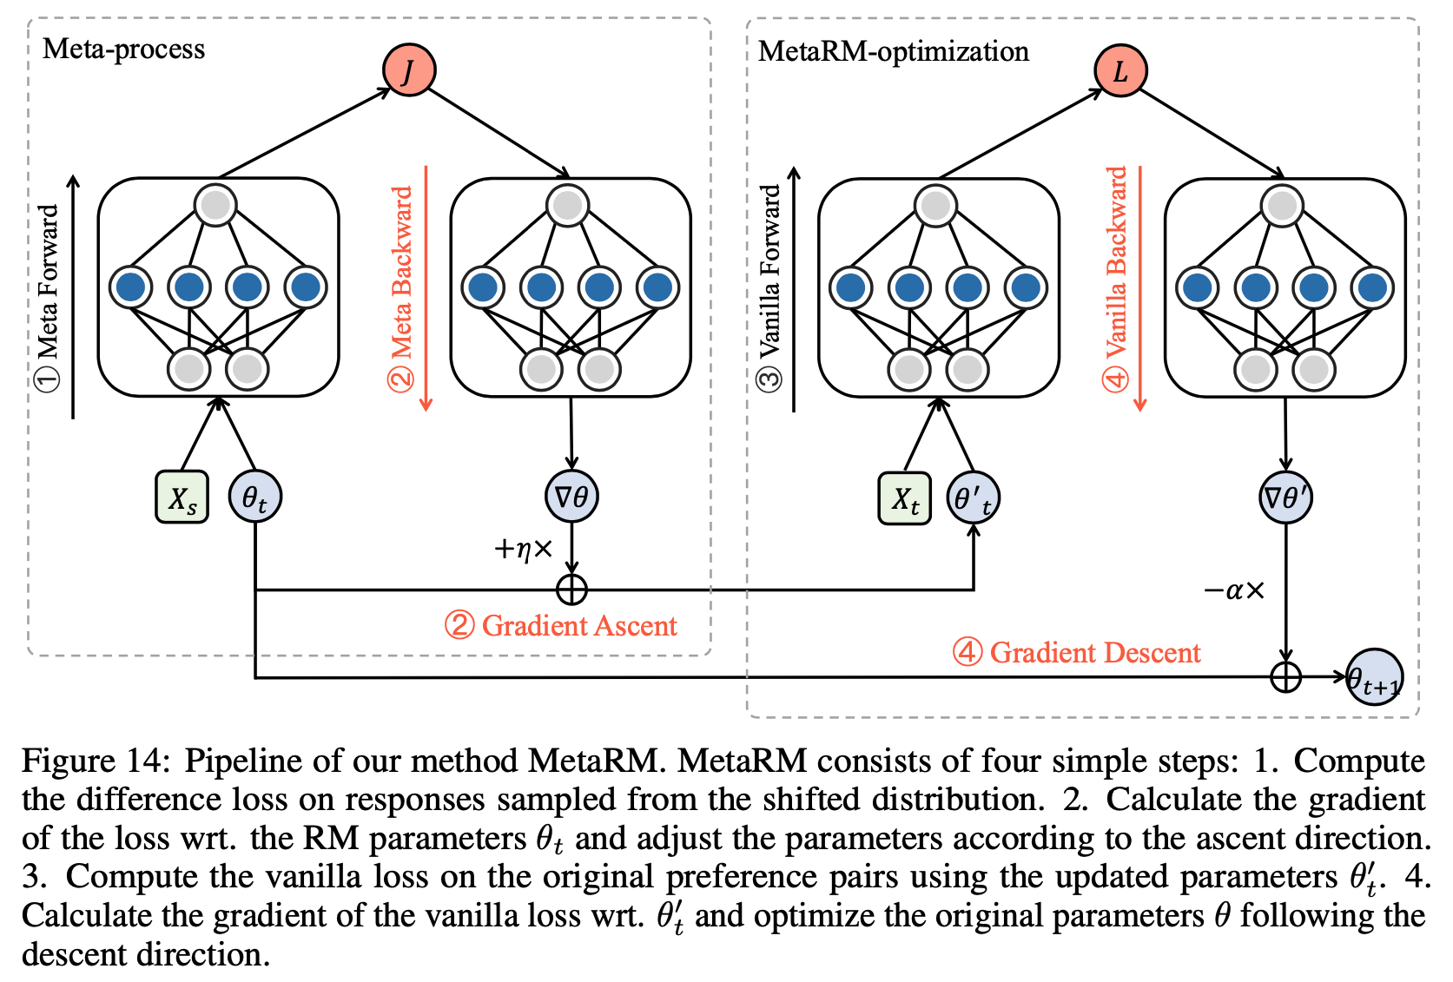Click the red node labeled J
point(409,70)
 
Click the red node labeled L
point(1120,70)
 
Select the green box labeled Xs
point(182,498)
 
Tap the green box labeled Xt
point(904,498)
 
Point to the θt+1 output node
point(1374,677)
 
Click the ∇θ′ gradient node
point(1285,498)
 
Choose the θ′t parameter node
point(973,498)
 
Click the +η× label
point(523,549)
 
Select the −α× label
point(1233,591)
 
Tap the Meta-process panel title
point(124,49)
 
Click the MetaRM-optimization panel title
point(893,51)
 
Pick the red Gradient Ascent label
point(561,626)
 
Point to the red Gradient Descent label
point(1077,653)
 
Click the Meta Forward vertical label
point(48,295)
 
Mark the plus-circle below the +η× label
point(571,590)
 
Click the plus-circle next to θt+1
point(1285,676)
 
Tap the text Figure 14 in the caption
point(92,761)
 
